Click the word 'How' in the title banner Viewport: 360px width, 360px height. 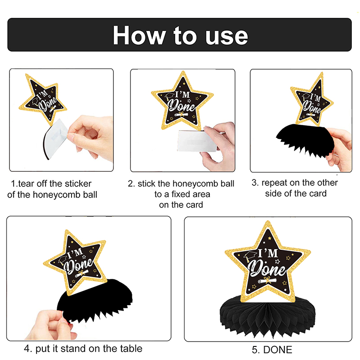(x=139, y=36)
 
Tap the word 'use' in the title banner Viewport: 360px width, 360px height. (x=227, y=36)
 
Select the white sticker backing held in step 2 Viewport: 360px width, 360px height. (x=197, y=141)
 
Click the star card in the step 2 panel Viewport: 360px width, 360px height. (x=183, y=101)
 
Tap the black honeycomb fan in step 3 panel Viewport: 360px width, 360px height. (x=306, y=139)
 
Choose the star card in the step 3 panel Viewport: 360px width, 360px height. (x=311, y=100)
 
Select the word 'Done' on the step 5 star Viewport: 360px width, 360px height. (x=267, y=269)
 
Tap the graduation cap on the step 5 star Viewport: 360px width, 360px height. (x=250, y=256)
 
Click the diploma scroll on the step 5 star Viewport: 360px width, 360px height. (x=267, y=280)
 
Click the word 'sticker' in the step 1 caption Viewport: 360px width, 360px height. (x=78, y=184)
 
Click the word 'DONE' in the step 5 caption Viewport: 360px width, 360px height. (x=278, y=350)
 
